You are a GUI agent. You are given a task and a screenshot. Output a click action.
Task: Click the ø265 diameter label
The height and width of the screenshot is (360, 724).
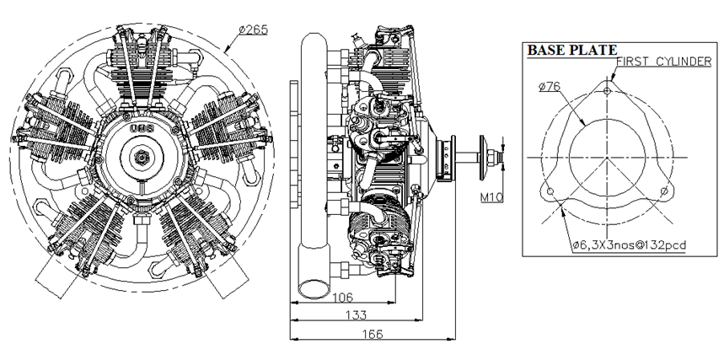[x=253, y=30]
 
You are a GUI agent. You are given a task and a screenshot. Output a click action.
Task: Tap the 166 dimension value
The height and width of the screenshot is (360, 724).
[x=372, y=334]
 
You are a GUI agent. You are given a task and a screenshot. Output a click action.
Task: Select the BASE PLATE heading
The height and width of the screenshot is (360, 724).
[x=571, y=51]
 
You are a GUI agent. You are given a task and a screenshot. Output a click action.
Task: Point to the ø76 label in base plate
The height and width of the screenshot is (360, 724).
[x=550, y=84]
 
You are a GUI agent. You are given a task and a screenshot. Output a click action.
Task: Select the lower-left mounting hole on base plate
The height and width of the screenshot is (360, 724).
[x=550, y=192]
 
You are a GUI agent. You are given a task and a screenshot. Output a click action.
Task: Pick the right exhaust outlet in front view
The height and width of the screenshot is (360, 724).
[x=228, y=276]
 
